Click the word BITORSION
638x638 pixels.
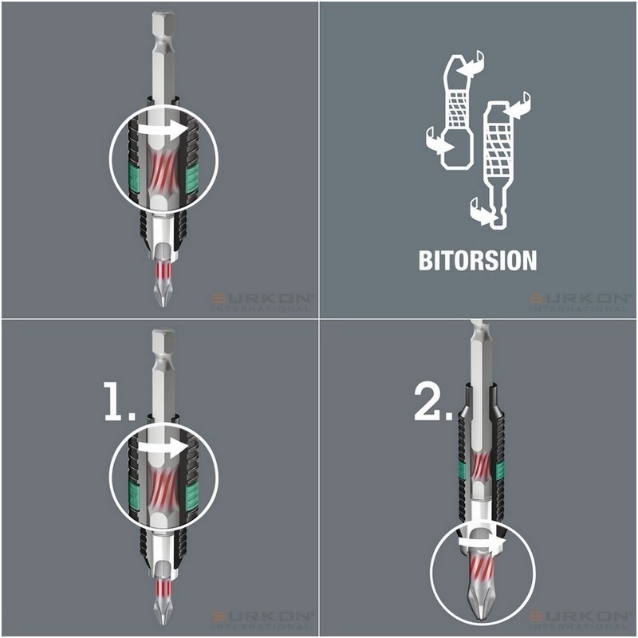[478, 261]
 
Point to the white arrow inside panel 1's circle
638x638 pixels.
[163, 449]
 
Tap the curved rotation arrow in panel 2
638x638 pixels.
[478, 542]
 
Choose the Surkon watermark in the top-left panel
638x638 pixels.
[263, 301]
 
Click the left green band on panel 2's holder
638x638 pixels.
[462, 471]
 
